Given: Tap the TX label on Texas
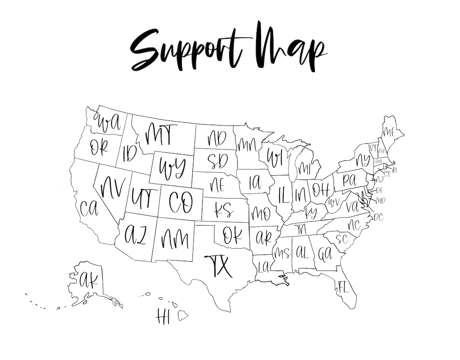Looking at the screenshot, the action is point(219,266).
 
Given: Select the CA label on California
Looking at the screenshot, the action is point(89,208).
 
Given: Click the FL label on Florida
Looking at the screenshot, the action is point(343,287).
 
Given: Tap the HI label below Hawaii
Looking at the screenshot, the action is point(163,317).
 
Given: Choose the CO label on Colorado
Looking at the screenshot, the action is point(181,202).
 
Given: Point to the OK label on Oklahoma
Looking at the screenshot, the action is point(232,236).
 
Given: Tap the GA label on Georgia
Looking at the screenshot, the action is point(325,254).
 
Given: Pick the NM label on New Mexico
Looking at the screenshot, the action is point(174,239).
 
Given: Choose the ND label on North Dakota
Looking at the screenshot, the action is point(217,138).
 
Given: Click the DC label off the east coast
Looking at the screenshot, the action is point(378,217).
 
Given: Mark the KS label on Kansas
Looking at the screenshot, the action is point(224,210).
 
